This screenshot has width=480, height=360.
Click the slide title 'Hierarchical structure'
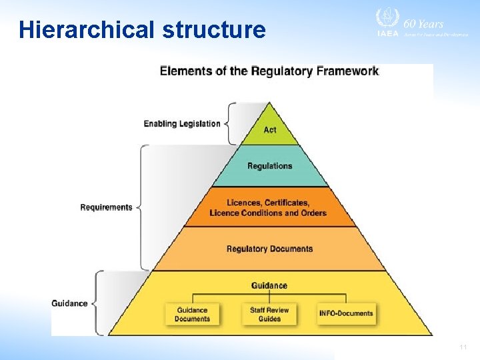(142, 30)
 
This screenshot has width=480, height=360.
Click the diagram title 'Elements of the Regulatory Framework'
(269, 71)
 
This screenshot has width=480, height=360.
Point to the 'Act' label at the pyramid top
(269, 130)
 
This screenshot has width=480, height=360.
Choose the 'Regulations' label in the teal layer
(269, 166)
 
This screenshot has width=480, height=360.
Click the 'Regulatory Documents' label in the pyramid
(269, 249)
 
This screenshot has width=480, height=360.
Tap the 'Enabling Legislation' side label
(182, 123)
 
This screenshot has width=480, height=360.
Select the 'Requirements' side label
(106, 207)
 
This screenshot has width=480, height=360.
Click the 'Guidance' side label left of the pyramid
(69, 303)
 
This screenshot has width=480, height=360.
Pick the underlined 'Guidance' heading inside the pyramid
(269, 285)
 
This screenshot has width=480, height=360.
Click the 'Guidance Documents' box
(192, 314)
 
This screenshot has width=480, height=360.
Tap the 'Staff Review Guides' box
(269, 314)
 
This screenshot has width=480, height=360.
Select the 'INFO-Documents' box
(346, 313)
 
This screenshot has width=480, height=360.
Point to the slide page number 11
(463, 347)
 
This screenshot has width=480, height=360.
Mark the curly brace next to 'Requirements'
(141, 207)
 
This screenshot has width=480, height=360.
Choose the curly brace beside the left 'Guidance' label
(95, 303)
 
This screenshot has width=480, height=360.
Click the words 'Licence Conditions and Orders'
(268, 213)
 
